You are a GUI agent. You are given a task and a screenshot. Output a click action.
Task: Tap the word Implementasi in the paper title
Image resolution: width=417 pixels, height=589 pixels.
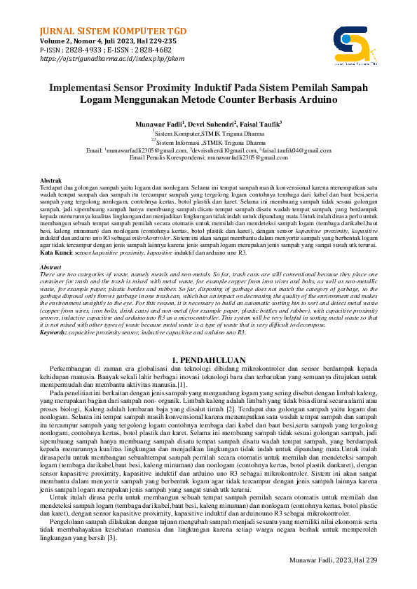click(x=85, y=89)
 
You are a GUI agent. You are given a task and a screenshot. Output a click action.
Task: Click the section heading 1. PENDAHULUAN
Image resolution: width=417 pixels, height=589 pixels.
click(x=208, y=360)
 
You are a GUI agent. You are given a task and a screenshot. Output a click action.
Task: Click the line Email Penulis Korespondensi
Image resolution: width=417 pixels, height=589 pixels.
click(x=208, y=158)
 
